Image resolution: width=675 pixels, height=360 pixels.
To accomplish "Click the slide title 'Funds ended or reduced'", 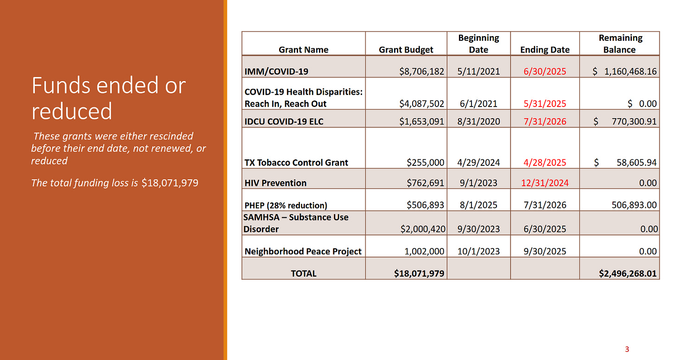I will pos(108,98).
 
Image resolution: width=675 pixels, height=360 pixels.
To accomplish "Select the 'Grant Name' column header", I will pos(303,50).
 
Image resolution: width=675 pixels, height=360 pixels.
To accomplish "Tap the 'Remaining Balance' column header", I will pos(620,44).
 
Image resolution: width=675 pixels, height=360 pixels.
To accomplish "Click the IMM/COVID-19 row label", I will pos(276,71).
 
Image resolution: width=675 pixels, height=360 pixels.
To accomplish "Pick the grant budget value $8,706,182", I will pos(421,71).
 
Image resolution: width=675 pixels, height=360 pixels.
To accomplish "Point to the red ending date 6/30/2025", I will pos(545,71).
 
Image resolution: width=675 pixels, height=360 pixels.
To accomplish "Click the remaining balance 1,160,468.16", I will pos(627,71).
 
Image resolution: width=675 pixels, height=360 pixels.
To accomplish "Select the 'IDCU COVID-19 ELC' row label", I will pos(284,122).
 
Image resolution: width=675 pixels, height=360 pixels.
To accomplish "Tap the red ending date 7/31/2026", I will pos(545,122).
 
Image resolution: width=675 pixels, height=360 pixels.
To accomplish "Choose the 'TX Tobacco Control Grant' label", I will pos(296,163).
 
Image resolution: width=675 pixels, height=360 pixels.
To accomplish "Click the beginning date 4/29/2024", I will pos(478,163).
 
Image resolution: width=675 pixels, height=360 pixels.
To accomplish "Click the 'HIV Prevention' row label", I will pos(275,183).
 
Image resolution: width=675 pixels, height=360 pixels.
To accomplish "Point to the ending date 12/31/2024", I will pos(545,183).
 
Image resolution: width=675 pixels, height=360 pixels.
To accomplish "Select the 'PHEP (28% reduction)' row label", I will pos(286,205).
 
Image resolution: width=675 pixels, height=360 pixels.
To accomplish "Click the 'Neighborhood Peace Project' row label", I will pos(303,252).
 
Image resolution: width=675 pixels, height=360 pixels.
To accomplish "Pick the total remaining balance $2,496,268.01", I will pos(628,273).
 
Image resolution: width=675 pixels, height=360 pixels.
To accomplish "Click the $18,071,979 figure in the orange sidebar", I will pos(170,183).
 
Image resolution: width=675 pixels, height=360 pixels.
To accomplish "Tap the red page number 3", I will pos(627,349).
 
